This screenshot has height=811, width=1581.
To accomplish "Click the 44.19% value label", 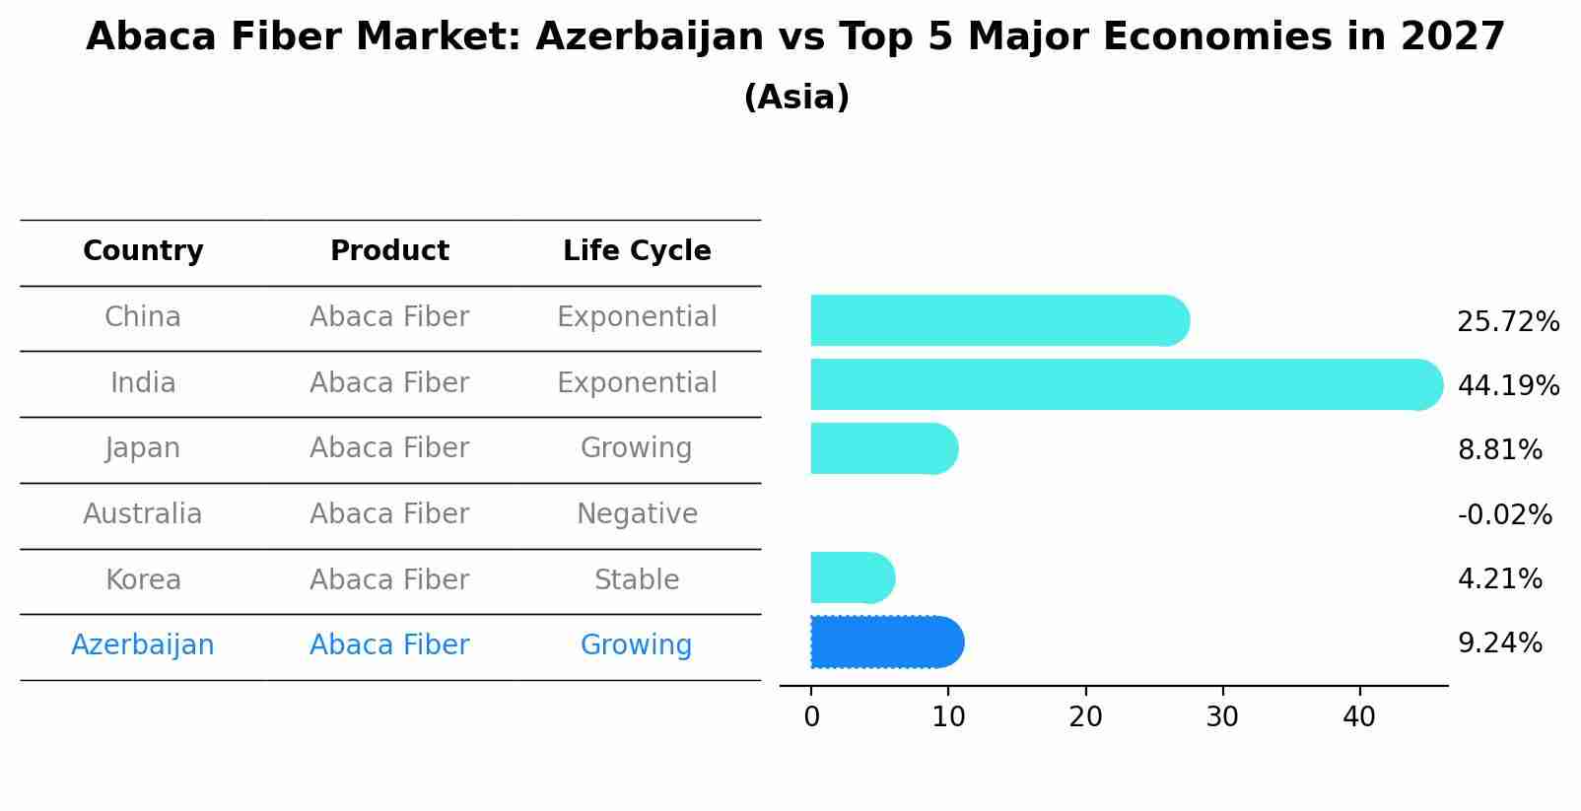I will click(x=1507, y=385).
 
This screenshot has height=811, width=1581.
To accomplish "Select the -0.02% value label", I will click(x=1504, y=514).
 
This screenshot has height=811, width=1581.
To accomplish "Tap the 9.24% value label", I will click(x=1499, y=643).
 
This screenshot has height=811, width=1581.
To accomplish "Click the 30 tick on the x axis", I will click(x=1222, y=717).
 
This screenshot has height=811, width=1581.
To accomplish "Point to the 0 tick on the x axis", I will click(x=811, y=717).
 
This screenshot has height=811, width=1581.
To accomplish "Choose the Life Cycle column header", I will click(x=637, y=251).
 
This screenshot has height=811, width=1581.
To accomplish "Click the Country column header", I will click(x=143, y=251).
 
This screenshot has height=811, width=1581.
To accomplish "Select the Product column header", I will click(x=389, y=251).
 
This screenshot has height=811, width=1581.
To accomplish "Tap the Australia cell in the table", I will click(x=143, y=514).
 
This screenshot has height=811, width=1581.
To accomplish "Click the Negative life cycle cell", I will click(x=637, y=514).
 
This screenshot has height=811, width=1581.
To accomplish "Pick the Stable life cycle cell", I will click(x=637, y=579).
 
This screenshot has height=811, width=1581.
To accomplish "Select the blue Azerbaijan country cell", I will click(x=143, y=645).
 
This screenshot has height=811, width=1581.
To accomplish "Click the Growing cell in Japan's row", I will click(x=637, y=448).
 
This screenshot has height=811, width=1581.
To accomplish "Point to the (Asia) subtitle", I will click(x=796, y=98).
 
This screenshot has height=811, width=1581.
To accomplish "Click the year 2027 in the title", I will click(x=1452, y=37).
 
